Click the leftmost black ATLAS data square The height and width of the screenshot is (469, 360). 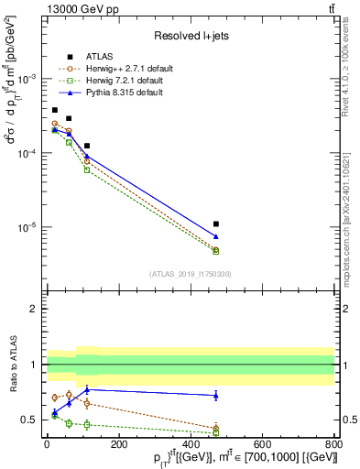click(x=55, y=110)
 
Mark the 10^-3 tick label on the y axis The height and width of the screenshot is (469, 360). click(x=25, y=79)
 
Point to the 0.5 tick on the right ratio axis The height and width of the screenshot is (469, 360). click(x=348, y=420)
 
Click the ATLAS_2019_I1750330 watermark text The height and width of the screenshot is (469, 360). click(x=190, y=274)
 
